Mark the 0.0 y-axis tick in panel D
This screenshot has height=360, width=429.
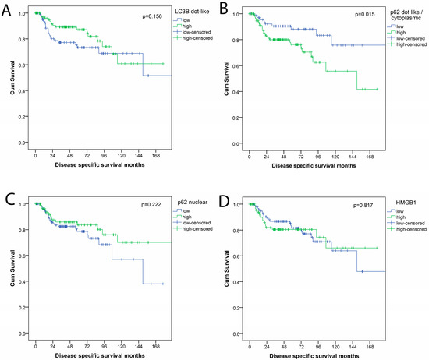tap(236, 333)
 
